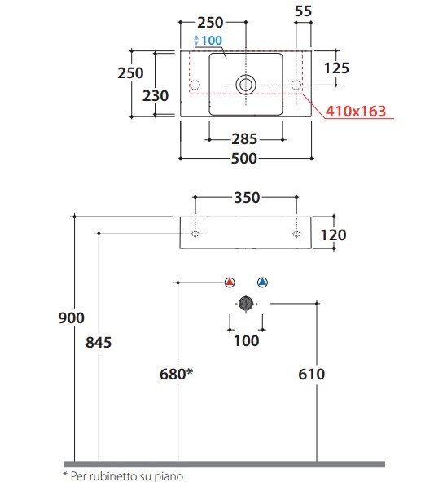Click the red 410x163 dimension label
(x=355, y=111)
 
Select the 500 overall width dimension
(x=243, y=158)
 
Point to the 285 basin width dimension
(x=244, y=139)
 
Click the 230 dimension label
(x=156, y=95)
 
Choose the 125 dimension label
(x=336, y=68)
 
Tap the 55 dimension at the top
(x=304, y=11)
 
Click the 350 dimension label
(x=247, y=197)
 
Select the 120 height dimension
(x=334, y=235)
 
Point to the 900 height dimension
(x=72, y=318)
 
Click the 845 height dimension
(x=99, y=342)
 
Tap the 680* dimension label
(x=177, y=374)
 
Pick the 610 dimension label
(x=311, y=374)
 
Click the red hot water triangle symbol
(x=230, y=283)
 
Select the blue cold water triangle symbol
(x=262, y=283)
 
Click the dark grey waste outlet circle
(x=246, y=304)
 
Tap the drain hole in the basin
(x=246, y=85)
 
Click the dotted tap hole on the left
(x=195, y=85)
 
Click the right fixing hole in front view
(x=296, y=234)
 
